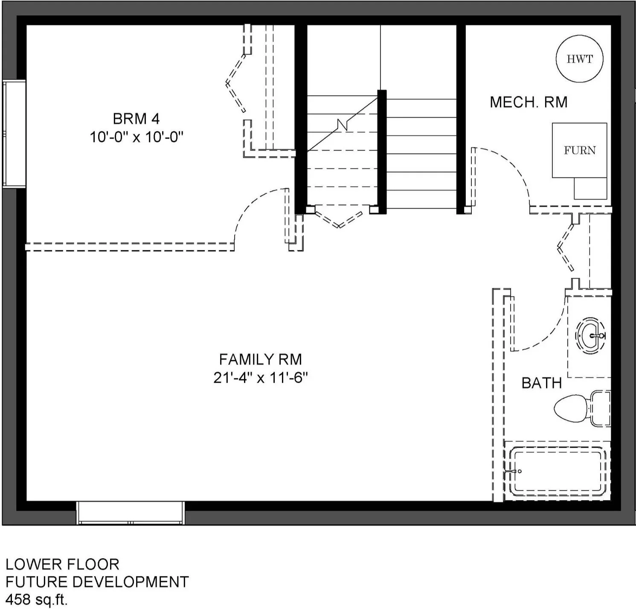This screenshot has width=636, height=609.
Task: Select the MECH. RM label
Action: tap(529, 102)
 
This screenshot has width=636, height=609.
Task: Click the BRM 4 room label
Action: tap(136, 118)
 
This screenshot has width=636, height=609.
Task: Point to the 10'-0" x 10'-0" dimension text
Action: tap(136, 137)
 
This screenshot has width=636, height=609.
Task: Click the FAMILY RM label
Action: tap(260, 359)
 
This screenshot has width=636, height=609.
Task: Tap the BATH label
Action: tap(542, 383)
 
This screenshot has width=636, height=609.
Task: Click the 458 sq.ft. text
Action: tap(36, 600)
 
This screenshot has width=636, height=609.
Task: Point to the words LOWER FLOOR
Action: tap(62, 564)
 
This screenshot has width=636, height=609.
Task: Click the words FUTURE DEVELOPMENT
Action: tap(97, 582)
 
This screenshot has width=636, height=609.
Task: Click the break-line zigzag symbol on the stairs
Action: tap(343, 125)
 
